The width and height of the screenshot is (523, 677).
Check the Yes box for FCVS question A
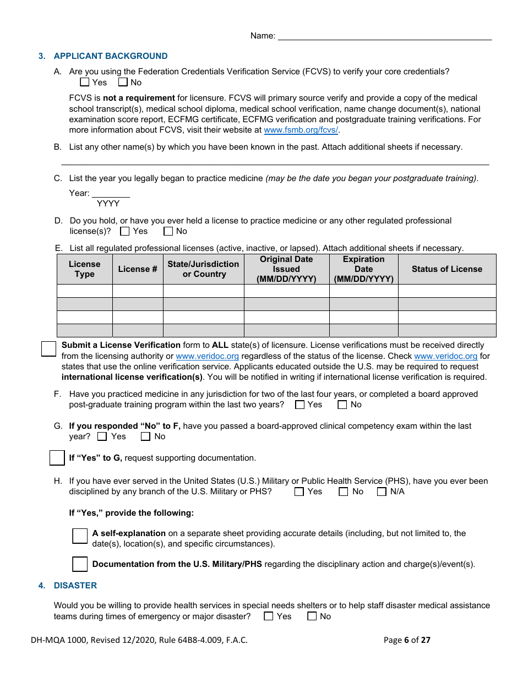click(x=84, y=82)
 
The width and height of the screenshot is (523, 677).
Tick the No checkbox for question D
click(x=168, y=231)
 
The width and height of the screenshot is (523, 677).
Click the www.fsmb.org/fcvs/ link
click(x=301, y=130)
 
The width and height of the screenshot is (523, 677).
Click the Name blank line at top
click(x=384, y=36)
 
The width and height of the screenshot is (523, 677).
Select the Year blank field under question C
click(x=111, y=193)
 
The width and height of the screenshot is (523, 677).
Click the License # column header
click(x=138, y=269)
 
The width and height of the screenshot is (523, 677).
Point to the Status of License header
click(x=446, y=269)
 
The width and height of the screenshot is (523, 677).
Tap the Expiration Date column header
click(x=363, y=269)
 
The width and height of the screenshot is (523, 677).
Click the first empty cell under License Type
click(x=85, y=291)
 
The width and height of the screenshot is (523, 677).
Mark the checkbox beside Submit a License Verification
click(x=49, y=348)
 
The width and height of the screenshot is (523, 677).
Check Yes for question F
click(x=300, y=405)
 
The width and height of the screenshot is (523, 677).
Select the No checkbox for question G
click(x=145, y=436)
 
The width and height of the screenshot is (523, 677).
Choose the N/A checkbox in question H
click(x=382, y=492)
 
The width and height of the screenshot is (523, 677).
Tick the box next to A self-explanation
click(x=80, y=536)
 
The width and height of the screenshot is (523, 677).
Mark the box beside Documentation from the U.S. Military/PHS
click(x=80, y=564)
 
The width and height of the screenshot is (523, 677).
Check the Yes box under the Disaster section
click(x=269, y=616)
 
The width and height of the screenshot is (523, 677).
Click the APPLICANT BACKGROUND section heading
click(x=110, y=56)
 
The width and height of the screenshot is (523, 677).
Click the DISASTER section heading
click(x=75, y=586)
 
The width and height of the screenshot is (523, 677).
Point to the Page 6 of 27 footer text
click(x=407, y=640)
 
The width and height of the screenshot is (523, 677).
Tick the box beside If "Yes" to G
click(x=57, y=458)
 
